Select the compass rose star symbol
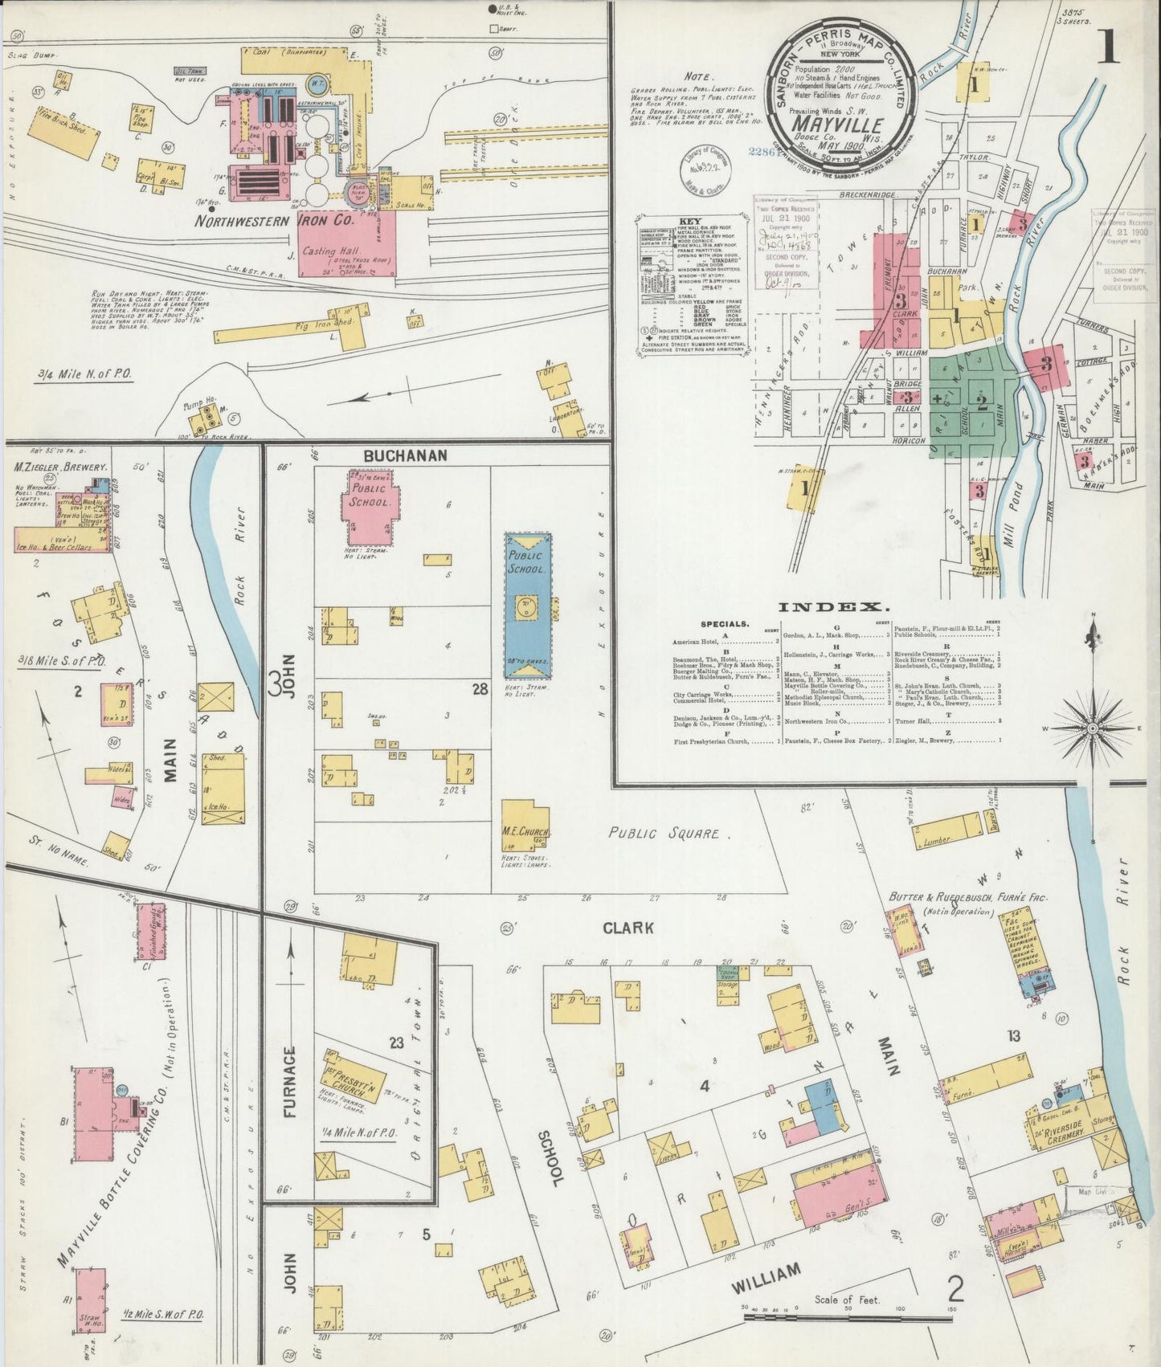click(1091, 728)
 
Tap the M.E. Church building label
click(525, 831)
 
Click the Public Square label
click(663, 834)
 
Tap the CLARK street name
click(628, 928)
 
